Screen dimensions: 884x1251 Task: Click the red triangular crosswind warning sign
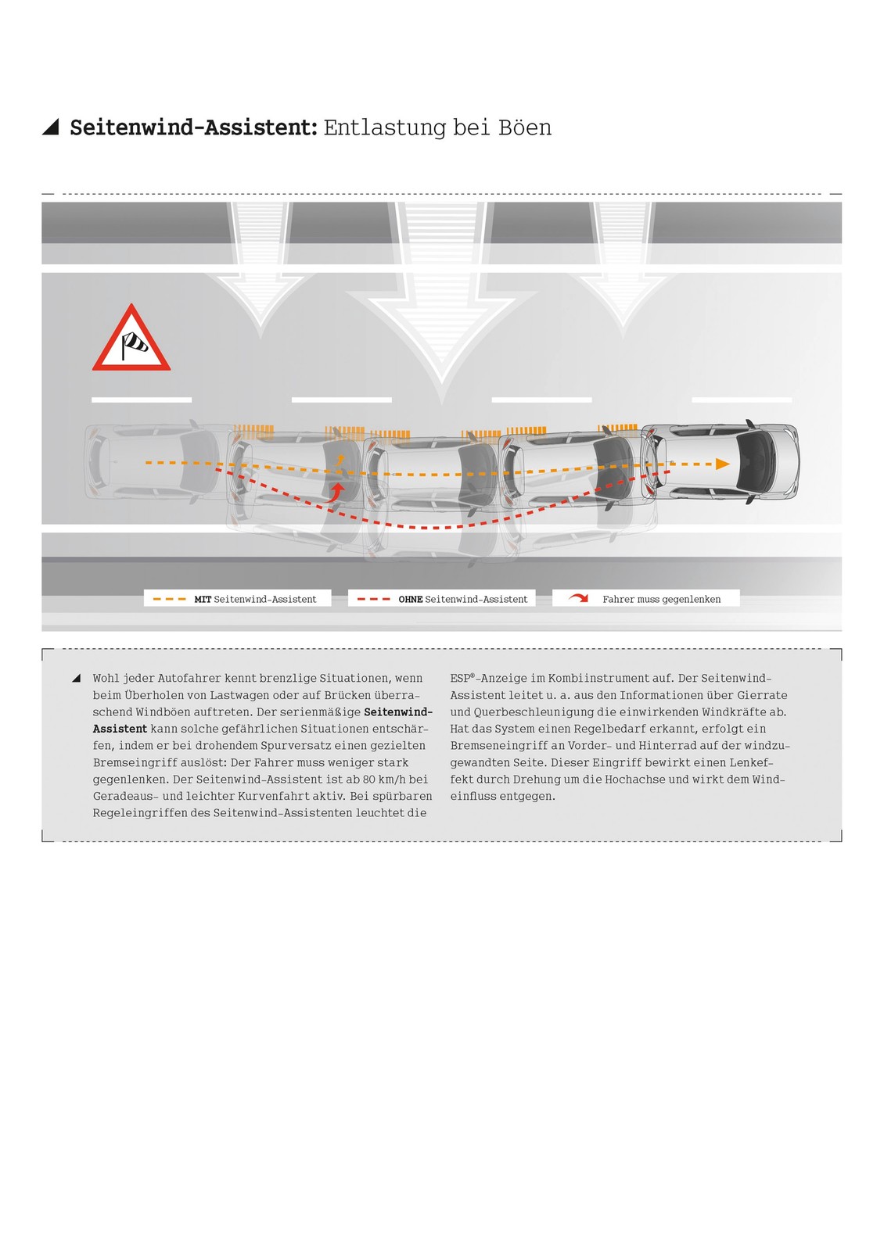(131, 339)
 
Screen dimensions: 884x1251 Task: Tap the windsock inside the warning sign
(134, 343)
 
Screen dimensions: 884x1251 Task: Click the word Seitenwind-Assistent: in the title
(194, 127)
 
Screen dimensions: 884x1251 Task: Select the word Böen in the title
(525, 127)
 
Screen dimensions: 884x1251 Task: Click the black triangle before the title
(51, 127)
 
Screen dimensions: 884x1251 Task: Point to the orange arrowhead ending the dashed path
(723, 464)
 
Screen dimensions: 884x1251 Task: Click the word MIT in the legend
(203, 599)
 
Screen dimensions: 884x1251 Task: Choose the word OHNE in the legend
(410, 599)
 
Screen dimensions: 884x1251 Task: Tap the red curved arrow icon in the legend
(579, 598)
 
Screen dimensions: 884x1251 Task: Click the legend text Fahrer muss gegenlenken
(661, 599)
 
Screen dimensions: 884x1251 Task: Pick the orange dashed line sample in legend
(169, 599)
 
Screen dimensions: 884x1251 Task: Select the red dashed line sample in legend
(374, 599)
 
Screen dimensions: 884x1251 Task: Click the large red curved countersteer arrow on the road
(336, 493)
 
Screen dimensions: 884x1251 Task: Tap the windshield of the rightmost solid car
(756, 463)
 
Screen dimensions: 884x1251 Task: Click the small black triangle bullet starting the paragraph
(77, 678)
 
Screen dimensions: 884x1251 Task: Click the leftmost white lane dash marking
(142, 400)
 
